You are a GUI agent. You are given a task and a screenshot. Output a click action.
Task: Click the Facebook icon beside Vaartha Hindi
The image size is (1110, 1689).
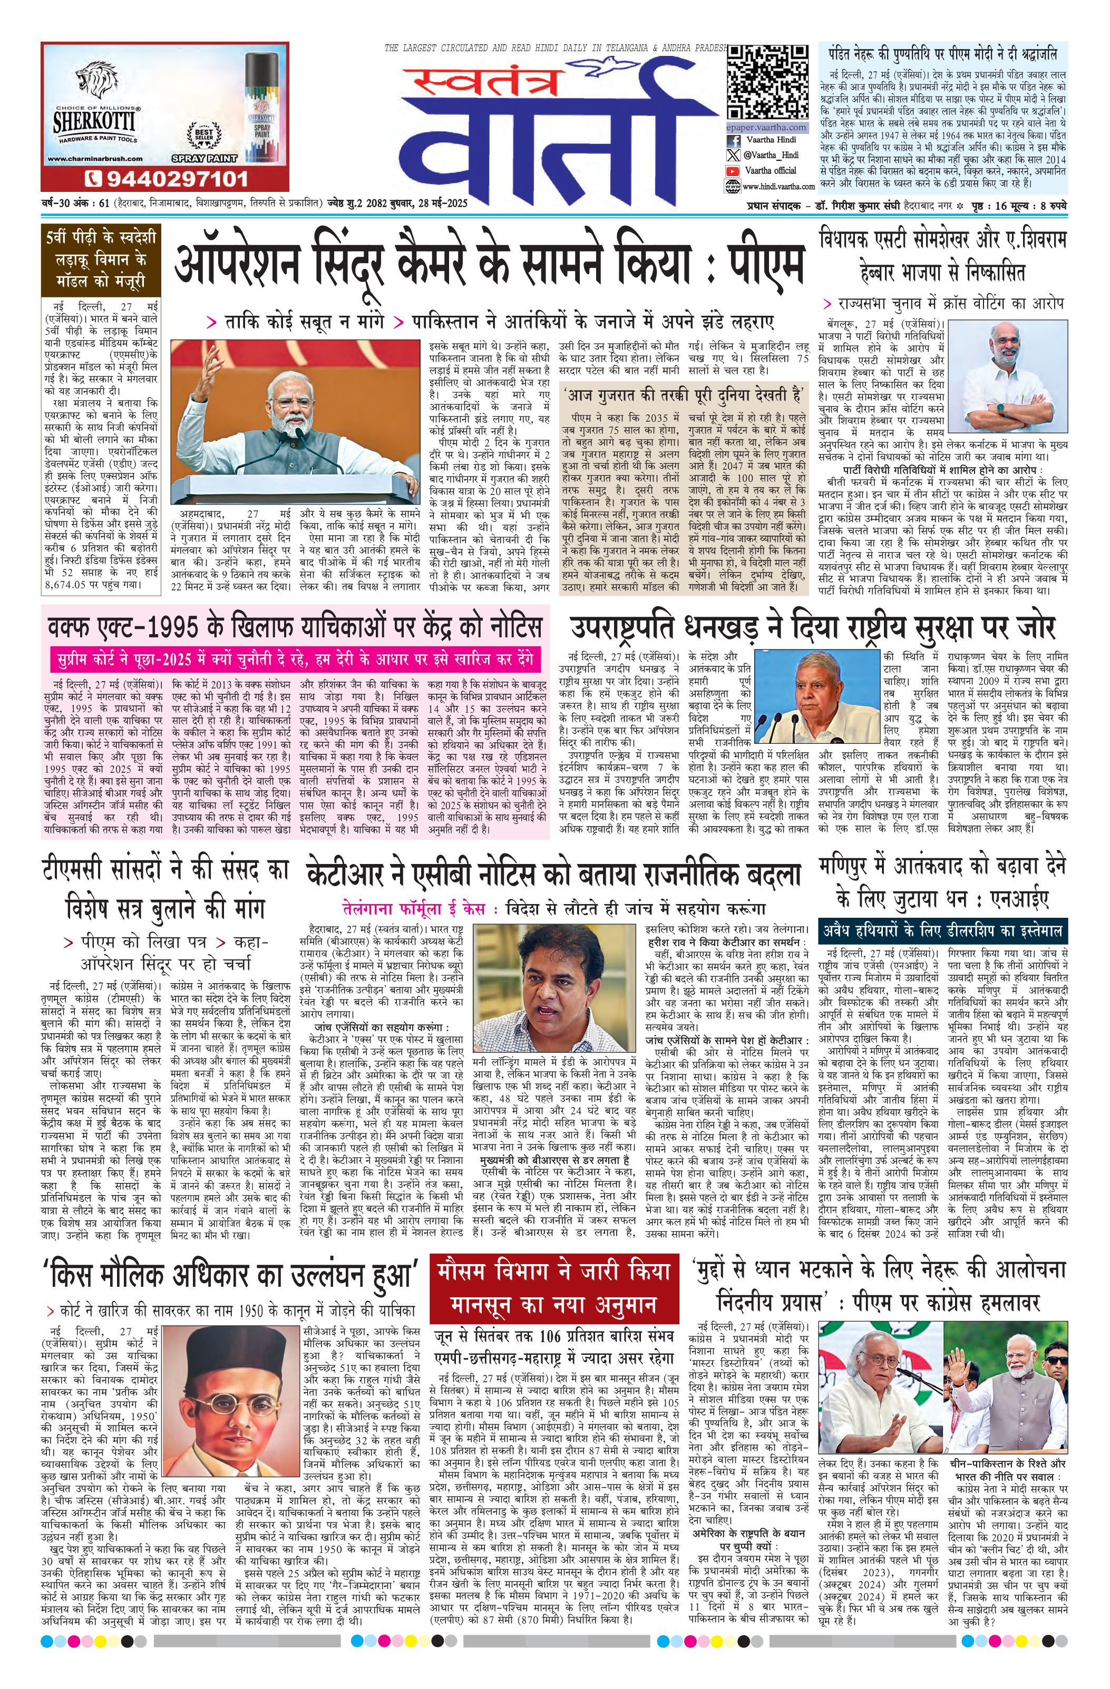pyautogui.click(x=732, y=141)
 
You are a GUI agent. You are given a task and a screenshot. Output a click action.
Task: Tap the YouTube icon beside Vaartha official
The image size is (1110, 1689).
pyautogui.click(x=732, y=171)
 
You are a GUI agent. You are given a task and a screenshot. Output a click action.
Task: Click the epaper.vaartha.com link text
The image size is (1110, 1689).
pyautogui.click(x=766, y=127)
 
